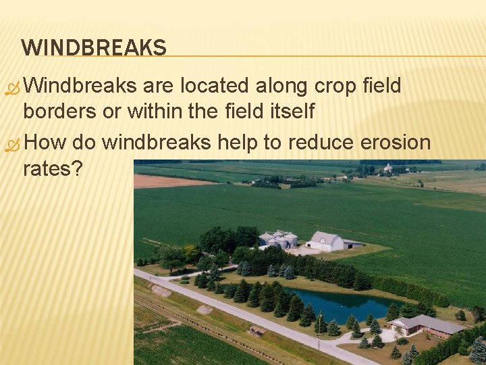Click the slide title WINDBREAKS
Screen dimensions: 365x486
pyautogui.click(x=93, y=47)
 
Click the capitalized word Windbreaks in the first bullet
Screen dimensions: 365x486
pyautogui.click(x=83, y=86)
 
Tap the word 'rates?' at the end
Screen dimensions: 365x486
pyautogui.click(x=53, y=168)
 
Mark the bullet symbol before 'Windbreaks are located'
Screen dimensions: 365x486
pyautogui.click(x=11, y=88)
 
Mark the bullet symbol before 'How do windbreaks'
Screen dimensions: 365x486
pyautogui.click(x=11, y=145)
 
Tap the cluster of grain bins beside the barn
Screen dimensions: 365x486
pyautogui.click(x=277, y=239)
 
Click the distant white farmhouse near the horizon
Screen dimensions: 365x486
pyautogui.click(x=388, y=167)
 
